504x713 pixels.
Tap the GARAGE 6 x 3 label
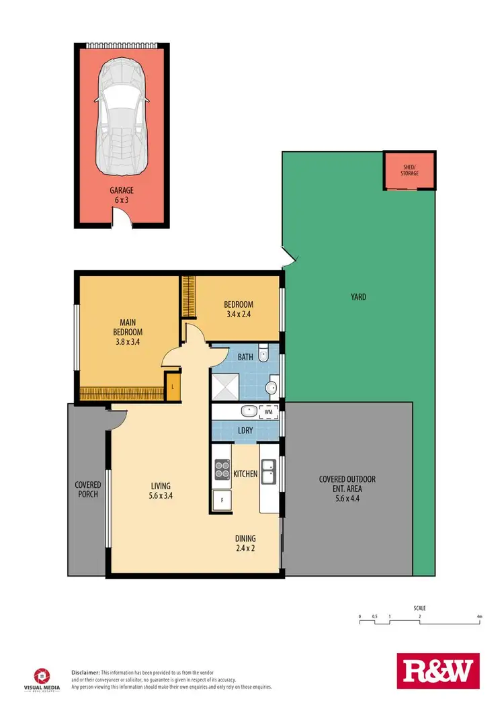[x=122, y=195]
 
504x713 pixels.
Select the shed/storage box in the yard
[x=409, y=170]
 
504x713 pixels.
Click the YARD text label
[x=358, y=296]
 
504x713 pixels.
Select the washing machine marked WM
[x=269, y=411]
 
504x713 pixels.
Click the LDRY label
[x=245, y=431]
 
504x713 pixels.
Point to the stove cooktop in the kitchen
[x=222, y=468]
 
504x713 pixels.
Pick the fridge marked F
[x=220, y=501]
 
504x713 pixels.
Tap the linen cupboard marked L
[x=173, y=386]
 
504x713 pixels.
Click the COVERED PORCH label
[x=88, y=489]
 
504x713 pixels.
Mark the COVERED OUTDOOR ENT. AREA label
[x=347, y=488]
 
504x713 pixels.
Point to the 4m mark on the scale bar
[x=479, y=616]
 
